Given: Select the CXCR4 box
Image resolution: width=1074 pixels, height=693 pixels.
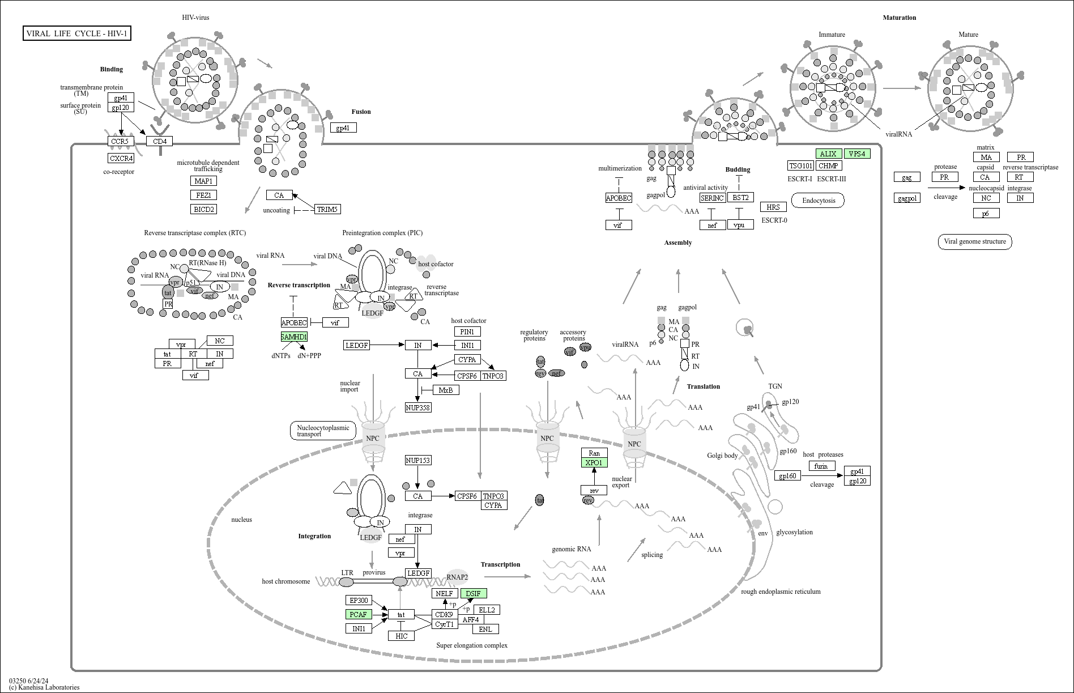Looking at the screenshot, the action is [x=121, y=158].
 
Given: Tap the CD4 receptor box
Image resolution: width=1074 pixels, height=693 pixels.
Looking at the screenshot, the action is [x=160, y=141].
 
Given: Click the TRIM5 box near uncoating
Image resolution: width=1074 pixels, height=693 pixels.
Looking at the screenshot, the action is [x=327, y=209].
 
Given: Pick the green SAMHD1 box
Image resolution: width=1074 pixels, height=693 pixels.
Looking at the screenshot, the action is [x=294, y=337].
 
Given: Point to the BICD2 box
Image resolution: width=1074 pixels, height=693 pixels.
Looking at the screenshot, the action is [x=204, y=209].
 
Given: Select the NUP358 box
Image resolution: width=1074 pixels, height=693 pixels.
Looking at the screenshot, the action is [x=418, y=407].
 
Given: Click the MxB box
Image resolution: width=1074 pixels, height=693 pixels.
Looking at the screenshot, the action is [x=446, y=390].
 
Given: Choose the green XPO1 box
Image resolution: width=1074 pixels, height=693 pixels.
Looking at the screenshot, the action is [x=594, y=463].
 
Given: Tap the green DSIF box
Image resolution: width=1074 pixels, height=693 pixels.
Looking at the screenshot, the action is [x=474, y=593].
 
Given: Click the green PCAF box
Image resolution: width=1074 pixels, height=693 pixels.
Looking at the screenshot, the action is [x=359, y=614].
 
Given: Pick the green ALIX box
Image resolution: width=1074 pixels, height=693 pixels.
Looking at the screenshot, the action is [x=829, y=154].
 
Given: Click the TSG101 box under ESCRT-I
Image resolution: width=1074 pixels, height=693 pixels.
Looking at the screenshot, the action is [x=801, y=165].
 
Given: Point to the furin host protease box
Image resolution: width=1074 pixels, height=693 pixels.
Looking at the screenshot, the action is [x=821, y=466].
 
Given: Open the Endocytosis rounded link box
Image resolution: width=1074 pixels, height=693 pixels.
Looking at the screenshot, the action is [x=819, y=200].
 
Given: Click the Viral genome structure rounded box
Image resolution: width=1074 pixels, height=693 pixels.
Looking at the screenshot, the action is [x=975, y=241].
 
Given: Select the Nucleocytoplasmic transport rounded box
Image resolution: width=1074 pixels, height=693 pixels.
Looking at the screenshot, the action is [x=323, y=431].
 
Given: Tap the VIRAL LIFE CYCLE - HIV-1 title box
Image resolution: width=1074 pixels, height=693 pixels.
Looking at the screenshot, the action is [x=77, y=33].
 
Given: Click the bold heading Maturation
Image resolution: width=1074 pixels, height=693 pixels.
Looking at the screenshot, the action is [x=900, y=18].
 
